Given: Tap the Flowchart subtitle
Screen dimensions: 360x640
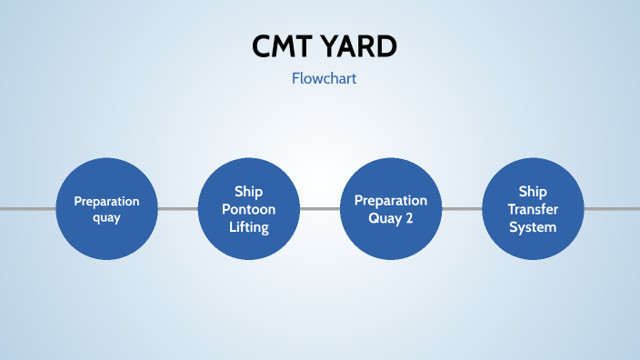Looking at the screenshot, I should (x=324, y=79).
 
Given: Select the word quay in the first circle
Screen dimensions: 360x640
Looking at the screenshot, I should (x=106, y=217).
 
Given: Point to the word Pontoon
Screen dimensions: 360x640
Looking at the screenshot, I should (x=249, y=209).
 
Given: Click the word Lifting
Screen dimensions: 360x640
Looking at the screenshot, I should (x=249, y=227).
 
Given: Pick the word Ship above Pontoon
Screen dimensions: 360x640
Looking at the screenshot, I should (x=249, y=191).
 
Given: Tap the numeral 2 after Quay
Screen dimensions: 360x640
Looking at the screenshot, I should (x=409, y=218).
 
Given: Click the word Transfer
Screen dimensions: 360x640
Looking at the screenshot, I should (x=533, y=209).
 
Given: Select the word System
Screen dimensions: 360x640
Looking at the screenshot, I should (x=533, y=227).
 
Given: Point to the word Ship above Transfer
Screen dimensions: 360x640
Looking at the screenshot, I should (x=533, y=191).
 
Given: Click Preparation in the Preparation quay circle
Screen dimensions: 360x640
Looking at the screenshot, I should (x=106, y=201).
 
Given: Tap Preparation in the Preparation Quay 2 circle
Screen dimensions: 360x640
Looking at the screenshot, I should (x=391, y=200).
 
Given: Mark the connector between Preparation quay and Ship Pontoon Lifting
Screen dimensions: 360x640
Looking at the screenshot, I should (x=177, y=209).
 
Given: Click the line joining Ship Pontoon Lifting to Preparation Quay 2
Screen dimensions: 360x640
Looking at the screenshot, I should (x=319, y=209).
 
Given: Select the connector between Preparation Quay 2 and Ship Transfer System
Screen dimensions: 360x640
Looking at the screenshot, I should (x=461, y=209).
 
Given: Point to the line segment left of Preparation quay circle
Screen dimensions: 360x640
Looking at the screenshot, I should (x=27, y=209).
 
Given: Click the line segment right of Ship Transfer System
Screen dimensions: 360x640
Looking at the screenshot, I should (x=612, y=209).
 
